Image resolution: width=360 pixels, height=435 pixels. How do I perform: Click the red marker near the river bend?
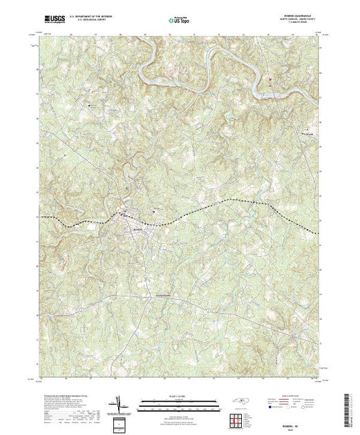tap(270, 78)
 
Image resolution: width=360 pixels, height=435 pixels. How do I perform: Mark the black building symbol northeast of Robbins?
tap(153, 211)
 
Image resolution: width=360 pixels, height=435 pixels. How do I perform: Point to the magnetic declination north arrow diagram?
tap(119, 401)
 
